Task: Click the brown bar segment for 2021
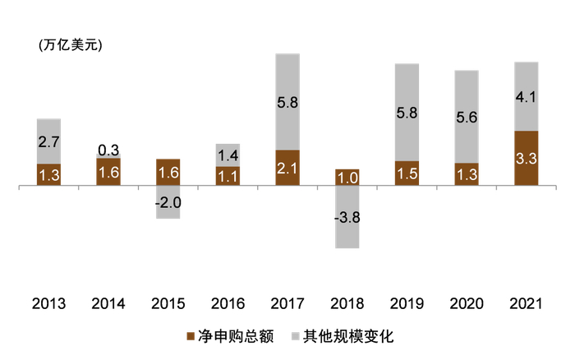pos(526,159)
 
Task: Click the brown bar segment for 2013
pos(48,175)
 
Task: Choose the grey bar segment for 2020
pos(467,116)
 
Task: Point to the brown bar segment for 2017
pos(287,168)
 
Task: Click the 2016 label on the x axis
pos(228,303)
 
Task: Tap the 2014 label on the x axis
pos(108,303)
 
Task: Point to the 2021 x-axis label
pos(526,303)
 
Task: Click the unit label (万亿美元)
pos(70,46)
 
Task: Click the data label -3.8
pos(347,218)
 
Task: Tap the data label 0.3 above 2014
pos(108,150)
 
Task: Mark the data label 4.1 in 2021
pos(526,97)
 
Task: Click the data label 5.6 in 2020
pos(467,117)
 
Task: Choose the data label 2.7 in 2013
pos(48,141)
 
